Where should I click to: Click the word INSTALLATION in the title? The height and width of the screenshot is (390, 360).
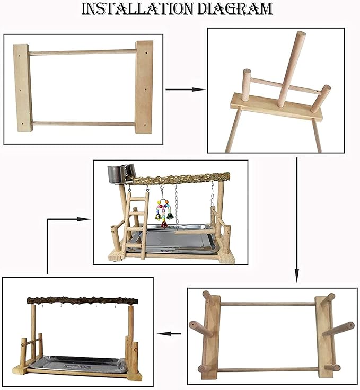pyautogui.click(x=137, y=8)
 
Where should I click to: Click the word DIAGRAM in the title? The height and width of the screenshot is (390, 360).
pyautogui.click(x=234, y=8)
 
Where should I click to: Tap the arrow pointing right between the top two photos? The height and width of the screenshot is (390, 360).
pyautogui.click(x=186, y=90)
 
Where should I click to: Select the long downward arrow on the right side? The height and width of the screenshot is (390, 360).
pyautogui.click(x=296, y=220)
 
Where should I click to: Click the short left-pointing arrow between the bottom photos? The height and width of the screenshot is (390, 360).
pyautogui.click(x=169, y=333)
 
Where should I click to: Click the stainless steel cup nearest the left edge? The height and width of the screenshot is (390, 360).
pyautogui.click(x=113, y=174)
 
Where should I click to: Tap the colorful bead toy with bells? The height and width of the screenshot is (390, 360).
pyautogui.click(x=164, y=212)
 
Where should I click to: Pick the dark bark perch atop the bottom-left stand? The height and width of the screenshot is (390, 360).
pyautogui.click(x=82, y=300)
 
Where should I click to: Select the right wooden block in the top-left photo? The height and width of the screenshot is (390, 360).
pyautogui.click(x=144, y=87)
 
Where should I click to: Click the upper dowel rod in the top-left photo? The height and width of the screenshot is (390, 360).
pyautogui.click(x=82, y=52)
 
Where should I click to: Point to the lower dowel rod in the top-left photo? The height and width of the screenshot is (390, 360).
pyautogui.click(x=84, y=123)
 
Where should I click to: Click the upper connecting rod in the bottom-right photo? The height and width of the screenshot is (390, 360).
pyautogui.click(x=268, y=304)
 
